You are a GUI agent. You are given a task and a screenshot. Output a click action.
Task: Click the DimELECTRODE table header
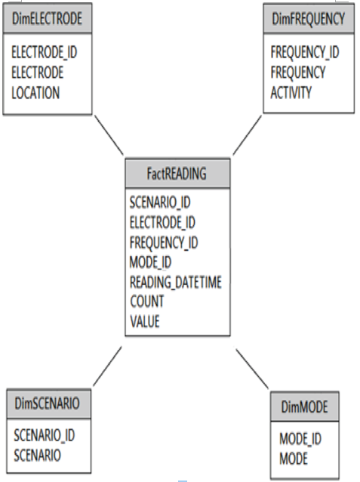pyautogui.click(x=48, y=18)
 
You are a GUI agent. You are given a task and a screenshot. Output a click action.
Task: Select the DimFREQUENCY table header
pyautogui.click(x=309, y=18)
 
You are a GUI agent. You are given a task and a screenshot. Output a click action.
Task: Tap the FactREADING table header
pyautogui.click(x=177, y=173)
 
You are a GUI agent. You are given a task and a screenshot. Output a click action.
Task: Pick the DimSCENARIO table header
pyautogui.click(x=48, y=403)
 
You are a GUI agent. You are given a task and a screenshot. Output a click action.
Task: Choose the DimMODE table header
pyautogui.click(x=305, y=406)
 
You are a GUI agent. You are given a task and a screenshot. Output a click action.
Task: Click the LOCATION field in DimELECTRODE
pyautogui.click(x=35, y=93)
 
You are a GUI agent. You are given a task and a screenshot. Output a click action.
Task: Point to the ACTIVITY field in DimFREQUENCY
pyautogui.click(x=291, y=92)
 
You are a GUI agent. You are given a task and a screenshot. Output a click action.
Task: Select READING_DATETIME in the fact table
pyautogui.click(x=175, y=283)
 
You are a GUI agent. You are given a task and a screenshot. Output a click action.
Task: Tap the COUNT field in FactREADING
pyautogui.click(x=147, y=301)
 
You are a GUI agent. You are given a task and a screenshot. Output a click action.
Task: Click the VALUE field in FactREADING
pyautogui.click(x=145, y=322)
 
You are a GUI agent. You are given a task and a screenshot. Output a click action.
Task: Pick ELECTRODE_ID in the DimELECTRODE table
pyautogui.click(x=45, y=52)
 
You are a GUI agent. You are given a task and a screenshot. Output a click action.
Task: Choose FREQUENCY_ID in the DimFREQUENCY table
pyautogui.click(x=305, y=52)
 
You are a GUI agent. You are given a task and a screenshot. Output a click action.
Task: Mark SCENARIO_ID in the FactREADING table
pyautogui.click(x=160, y=203)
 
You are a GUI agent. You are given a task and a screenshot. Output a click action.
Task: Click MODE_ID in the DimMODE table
pyautogui.click(x=300, y=439)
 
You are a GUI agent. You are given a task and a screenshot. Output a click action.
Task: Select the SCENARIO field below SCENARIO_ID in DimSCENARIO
pyautogui.click(x=37, y=456)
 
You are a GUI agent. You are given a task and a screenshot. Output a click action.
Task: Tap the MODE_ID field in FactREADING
pyautogui.click(x=150, y=262)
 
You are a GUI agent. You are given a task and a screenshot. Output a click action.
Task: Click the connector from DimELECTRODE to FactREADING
pyautogui.click(x=109, y=135)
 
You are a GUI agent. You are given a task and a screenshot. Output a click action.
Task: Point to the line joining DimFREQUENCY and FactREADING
pyautogui.click(x=248, y=135)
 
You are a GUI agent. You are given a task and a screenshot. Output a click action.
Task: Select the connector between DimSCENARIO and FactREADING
pyautogui.click(x=107, y=366)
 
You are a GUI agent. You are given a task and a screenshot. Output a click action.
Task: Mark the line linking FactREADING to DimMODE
pyautogui.click(x=252, y=369)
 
